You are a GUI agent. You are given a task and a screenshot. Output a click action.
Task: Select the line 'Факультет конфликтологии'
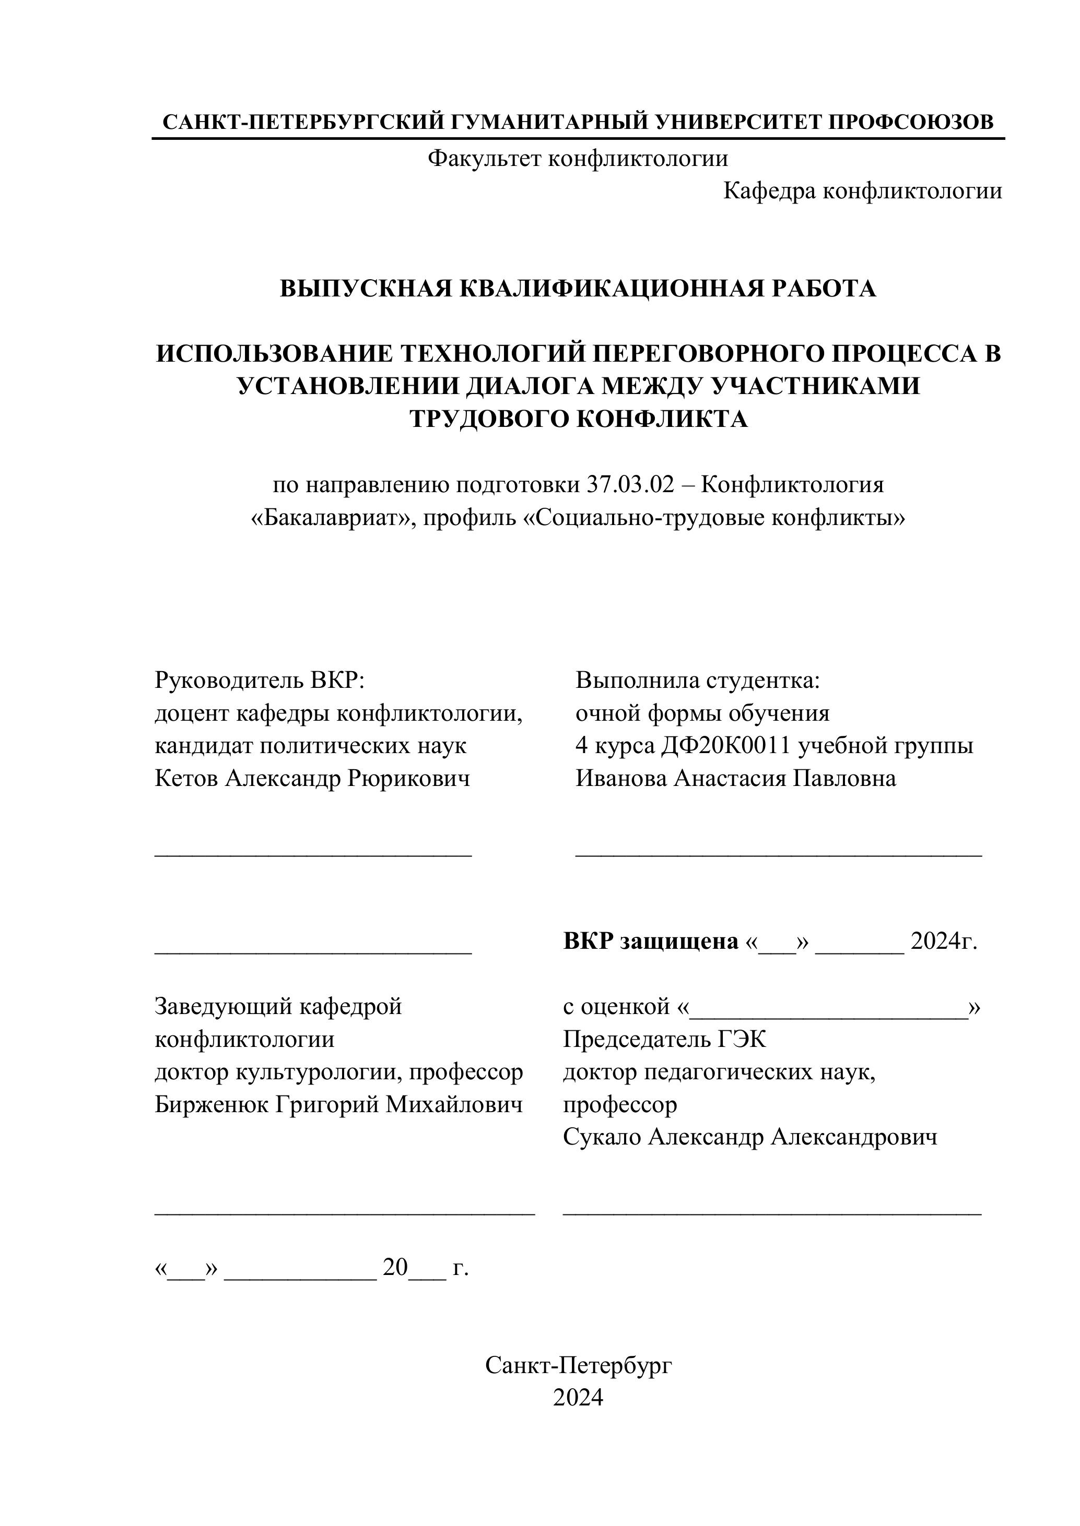tap(577, 158)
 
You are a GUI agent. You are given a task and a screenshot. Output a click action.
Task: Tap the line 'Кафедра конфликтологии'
tap(862, 191)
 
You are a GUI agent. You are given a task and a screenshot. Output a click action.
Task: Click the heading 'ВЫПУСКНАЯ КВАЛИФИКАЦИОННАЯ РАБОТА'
tap(577, 289)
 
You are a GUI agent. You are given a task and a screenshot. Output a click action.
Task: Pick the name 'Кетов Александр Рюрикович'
tap(312, 778)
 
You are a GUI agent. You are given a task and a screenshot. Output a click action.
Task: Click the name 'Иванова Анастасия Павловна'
tap(735, 778)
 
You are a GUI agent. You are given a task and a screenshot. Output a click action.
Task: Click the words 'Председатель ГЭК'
tap(664, 1039)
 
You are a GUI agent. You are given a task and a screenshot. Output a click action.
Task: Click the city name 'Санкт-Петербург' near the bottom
tap(578, 1365)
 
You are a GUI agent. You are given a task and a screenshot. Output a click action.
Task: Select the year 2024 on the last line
tap(578, 1398)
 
